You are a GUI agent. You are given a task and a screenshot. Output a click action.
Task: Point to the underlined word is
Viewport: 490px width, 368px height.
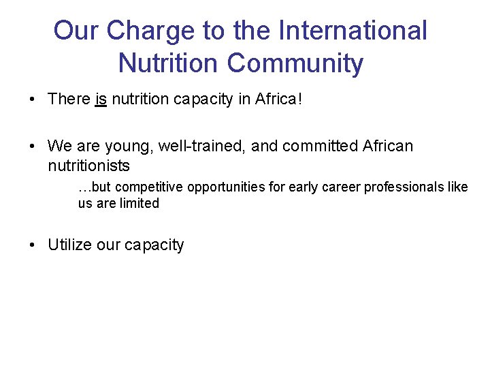pos(101,99)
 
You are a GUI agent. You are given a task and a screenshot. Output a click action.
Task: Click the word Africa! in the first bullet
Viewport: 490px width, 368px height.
pos(278,99)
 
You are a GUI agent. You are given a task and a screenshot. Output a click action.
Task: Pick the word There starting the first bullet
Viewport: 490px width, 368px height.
pos(69,99)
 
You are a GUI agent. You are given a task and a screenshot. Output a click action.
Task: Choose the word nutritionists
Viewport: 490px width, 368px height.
pos(88,166)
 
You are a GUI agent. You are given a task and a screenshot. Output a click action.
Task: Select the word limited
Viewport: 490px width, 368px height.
pos(138,203)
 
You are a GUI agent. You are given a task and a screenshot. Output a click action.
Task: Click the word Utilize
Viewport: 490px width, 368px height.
pos(69,245)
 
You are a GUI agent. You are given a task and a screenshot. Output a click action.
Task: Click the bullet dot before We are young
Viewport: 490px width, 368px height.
pos(33,147)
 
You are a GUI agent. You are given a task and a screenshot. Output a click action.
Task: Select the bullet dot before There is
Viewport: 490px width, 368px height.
pos(33,100)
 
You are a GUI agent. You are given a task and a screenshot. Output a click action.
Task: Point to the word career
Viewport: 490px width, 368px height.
pos(340,187)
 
